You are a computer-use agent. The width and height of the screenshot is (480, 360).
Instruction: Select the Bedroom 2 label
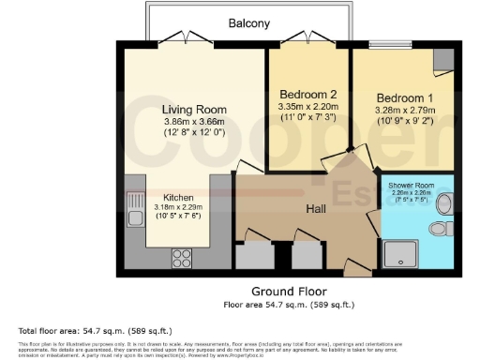click(307, 95)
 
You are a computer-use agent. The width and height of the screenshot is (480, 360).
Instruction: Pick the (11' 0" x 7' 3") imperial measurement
click(307, 119)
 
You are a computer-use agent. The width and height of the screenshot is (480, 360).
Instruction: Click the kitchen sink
click(135, 202)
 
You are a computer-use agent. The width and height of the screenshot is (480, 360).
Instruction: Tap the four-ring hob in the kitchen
click(180, 255)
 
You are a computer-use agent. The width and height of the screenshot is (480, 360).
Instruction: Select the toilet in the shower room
click(439, 229)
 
